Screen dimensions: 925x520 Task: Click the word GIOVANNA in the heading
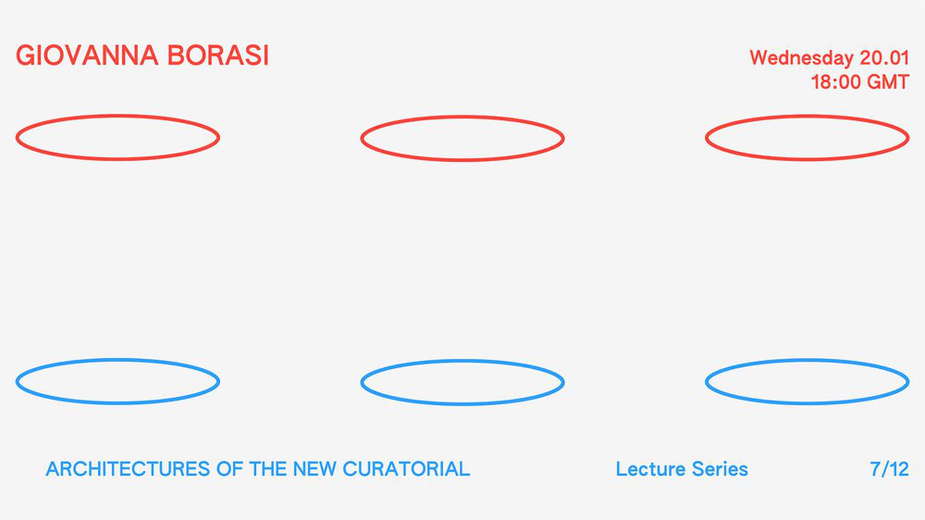(x=87, y=55)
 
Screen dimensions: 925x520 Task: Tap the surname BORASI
(x=218, y=55)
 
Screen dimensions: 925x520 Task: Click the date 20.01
(x=885, y=58)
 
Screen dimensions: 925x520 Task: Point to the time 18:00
(x=835, y=82)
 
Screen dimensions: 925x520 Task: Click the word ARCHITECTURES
(x=128, y=469)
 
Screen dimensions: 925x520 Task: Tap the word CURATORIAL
(x=406, y=469)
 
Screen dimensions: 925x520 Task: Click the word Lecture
(x=650, y=469)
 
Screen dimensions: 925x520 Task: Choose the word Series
(x=720, y=469)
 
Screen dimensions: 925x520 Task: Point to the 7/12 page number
(x=889, y=469)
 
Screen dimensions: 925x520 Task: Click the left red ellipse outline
(x=118, y=116)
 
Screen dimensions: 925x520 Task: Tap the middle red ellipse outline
(x=462, y=117)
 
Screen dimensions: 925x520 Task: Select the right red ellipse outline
(x=807, y=116)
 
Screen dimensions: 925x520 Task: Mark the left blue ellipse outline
(x=118, y=360)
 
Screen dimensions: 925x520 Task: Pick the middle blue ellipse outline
(x=462, y=361)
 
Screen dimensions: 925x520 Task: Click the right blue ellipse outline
(x=807, y=360)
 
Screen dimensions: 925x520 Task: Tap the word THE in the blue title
(x=268, y=469)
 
